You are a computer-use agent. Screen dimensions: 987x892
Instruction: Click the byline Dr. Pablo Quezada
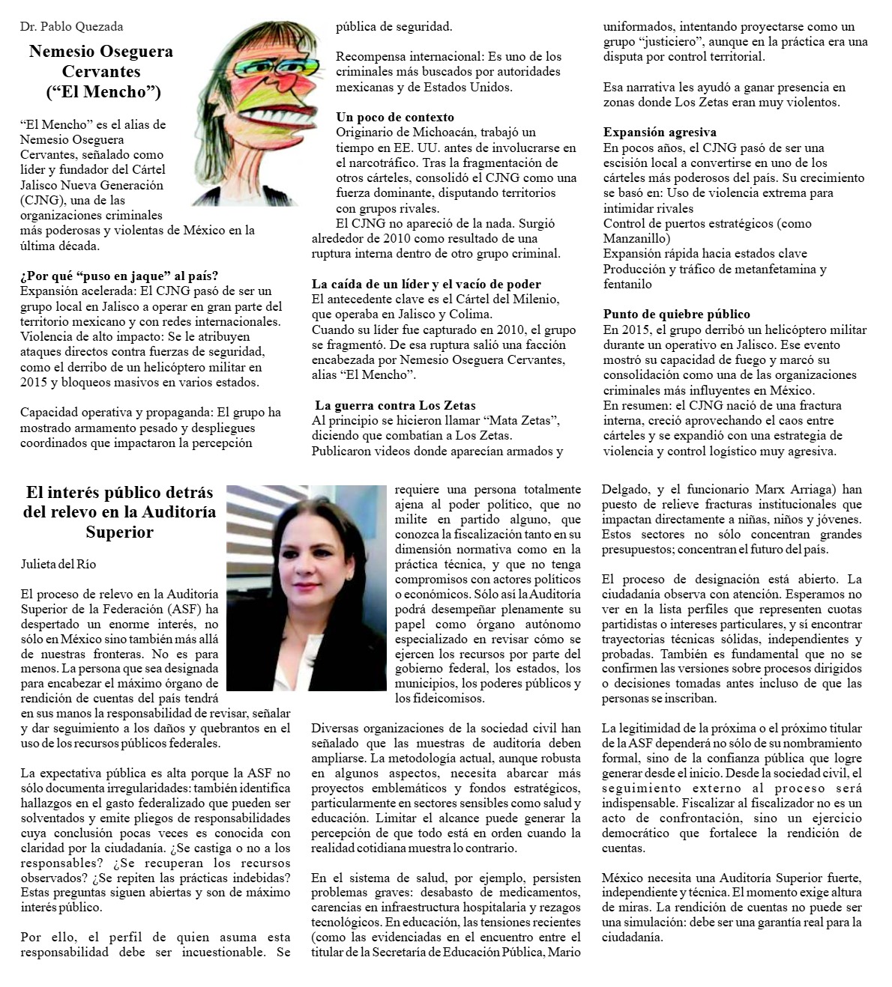click(x=71, y=27)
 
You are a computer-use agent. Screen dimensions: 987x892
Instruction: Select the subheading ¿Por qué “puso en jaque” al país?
click(x=119, y=276)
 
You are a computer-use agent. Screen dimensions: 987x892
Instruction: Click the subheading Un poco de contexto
click(x=394, y=117)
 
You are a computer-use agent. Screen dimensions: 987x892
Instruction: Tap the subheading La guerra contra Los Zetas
click(x=395, y=405)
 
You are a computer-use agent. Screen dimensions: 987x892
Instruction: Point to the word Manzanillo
click(x=636, y=239)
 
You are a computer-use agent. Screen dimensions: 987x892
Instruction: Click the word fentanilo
click(x=627, y=285)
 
